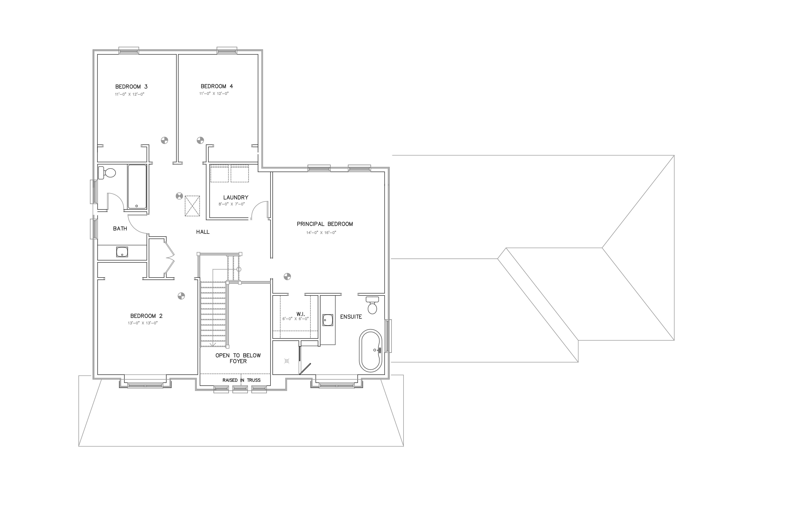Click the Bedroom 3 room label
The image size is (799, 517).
131,87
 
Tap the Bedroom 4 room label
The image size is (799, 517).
217,86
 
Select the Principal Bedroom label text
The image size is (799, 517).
325,224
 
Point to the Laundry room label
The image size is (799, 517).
236,197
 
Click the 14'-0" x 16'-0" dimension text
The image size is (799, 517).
321,233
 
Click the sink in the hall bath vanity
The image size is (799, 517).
122,252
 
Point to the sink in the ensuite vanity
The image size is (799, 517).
328,320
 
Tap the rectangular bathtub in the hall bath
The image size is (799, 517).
137,187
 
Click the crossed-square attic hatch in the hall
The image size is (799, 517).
192,206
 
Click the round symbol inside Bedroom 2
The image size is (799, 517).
181,296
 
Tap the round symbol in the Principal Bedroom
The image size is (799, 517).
287,277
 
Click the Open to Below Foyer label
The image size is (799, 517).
238,358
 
